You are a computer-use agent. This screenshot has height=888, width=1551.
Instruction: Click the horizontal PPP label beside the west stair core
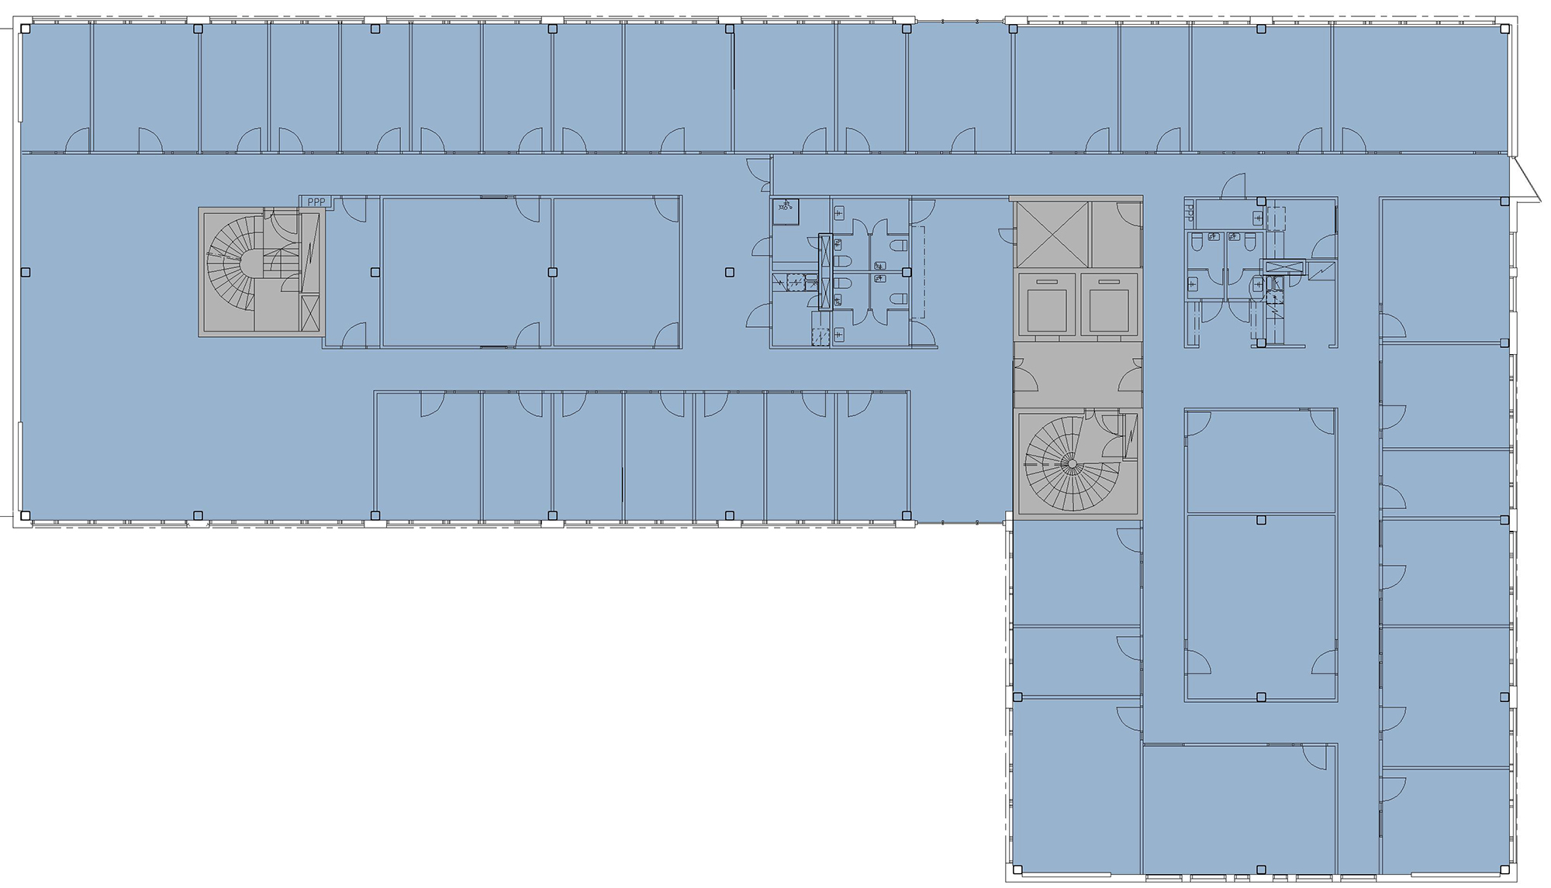[316, 202]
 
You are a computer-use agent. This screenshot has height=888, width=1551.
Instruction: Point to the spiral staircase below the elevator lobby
[1073, 463]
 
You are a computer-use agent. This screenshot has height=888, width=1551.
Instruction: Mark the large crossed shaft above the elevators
[1052, 234]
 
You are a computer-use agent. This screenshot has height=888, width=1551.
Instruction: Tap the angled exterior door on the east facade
[1525, 181]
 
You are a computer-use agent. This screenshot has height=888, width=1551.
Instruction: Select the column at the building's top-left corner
[26, 29]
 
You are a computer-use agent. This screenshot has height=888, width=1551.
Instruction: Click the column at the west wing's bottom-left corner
[26, 515]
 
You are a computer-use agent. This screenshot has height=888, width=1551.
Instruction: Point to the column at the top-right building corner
[1504, 29]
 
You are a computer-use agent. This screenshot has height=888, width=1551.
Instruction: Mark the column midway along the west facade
[26, 272]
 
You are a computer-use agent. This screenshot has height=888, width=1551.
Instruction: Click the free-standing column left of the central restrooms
[729, 272]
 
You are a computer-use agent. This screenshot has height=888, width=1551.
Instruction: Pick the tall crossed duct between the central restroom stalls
[825, 271]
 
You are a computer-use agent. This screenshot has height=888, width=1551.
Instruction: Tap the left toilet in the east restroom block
[1196, 243]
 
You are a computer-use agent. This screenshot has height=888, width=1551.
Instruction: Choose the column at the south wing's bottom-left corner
[1018, 869]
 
